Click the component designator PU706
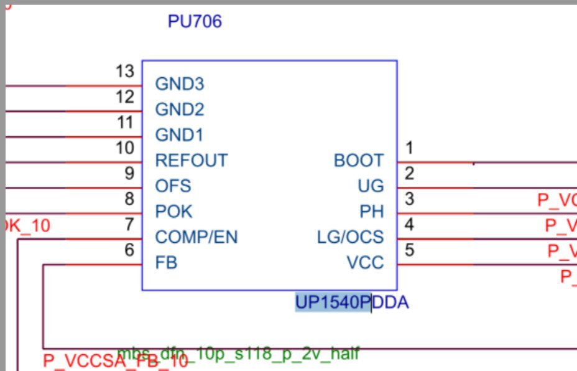(195, 22)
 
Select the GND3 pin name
(180, 84)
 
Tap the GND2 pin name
(180, 110)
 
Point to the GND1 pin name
(179, 135)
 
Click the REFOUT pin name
(192, 161)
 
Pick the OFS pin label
(173, 186)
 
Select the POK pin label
(174, 212)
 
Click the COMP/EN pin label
(196, 237)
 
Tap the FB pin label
(166, 263)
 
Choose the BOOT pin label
(359, 161)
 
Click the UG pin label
(371, 186)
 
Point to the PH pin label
(372, 212)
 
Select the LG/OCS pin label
(351, 237)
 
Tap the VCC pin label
(366, 263)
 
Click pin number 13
(125, 72)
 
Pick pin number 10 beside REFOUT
(125, 148)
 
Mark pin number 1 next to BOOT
(409, 148)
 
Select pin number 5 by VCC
(409, 250)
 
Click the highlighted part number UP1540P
(333, 303)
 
